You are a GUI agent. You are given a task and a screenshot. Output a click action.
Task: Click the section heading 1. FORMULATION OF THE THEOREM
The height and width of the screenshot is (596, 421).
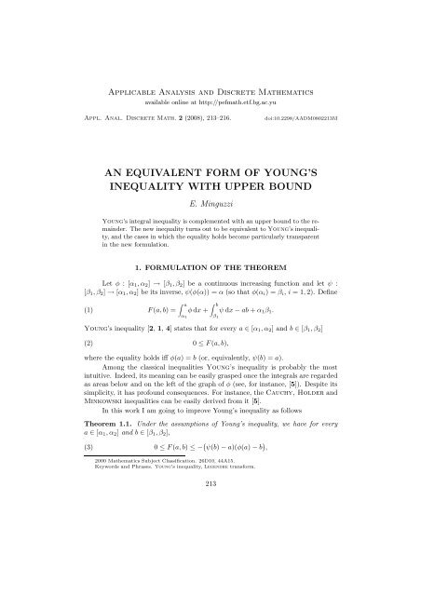click(x=210, y=303)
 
